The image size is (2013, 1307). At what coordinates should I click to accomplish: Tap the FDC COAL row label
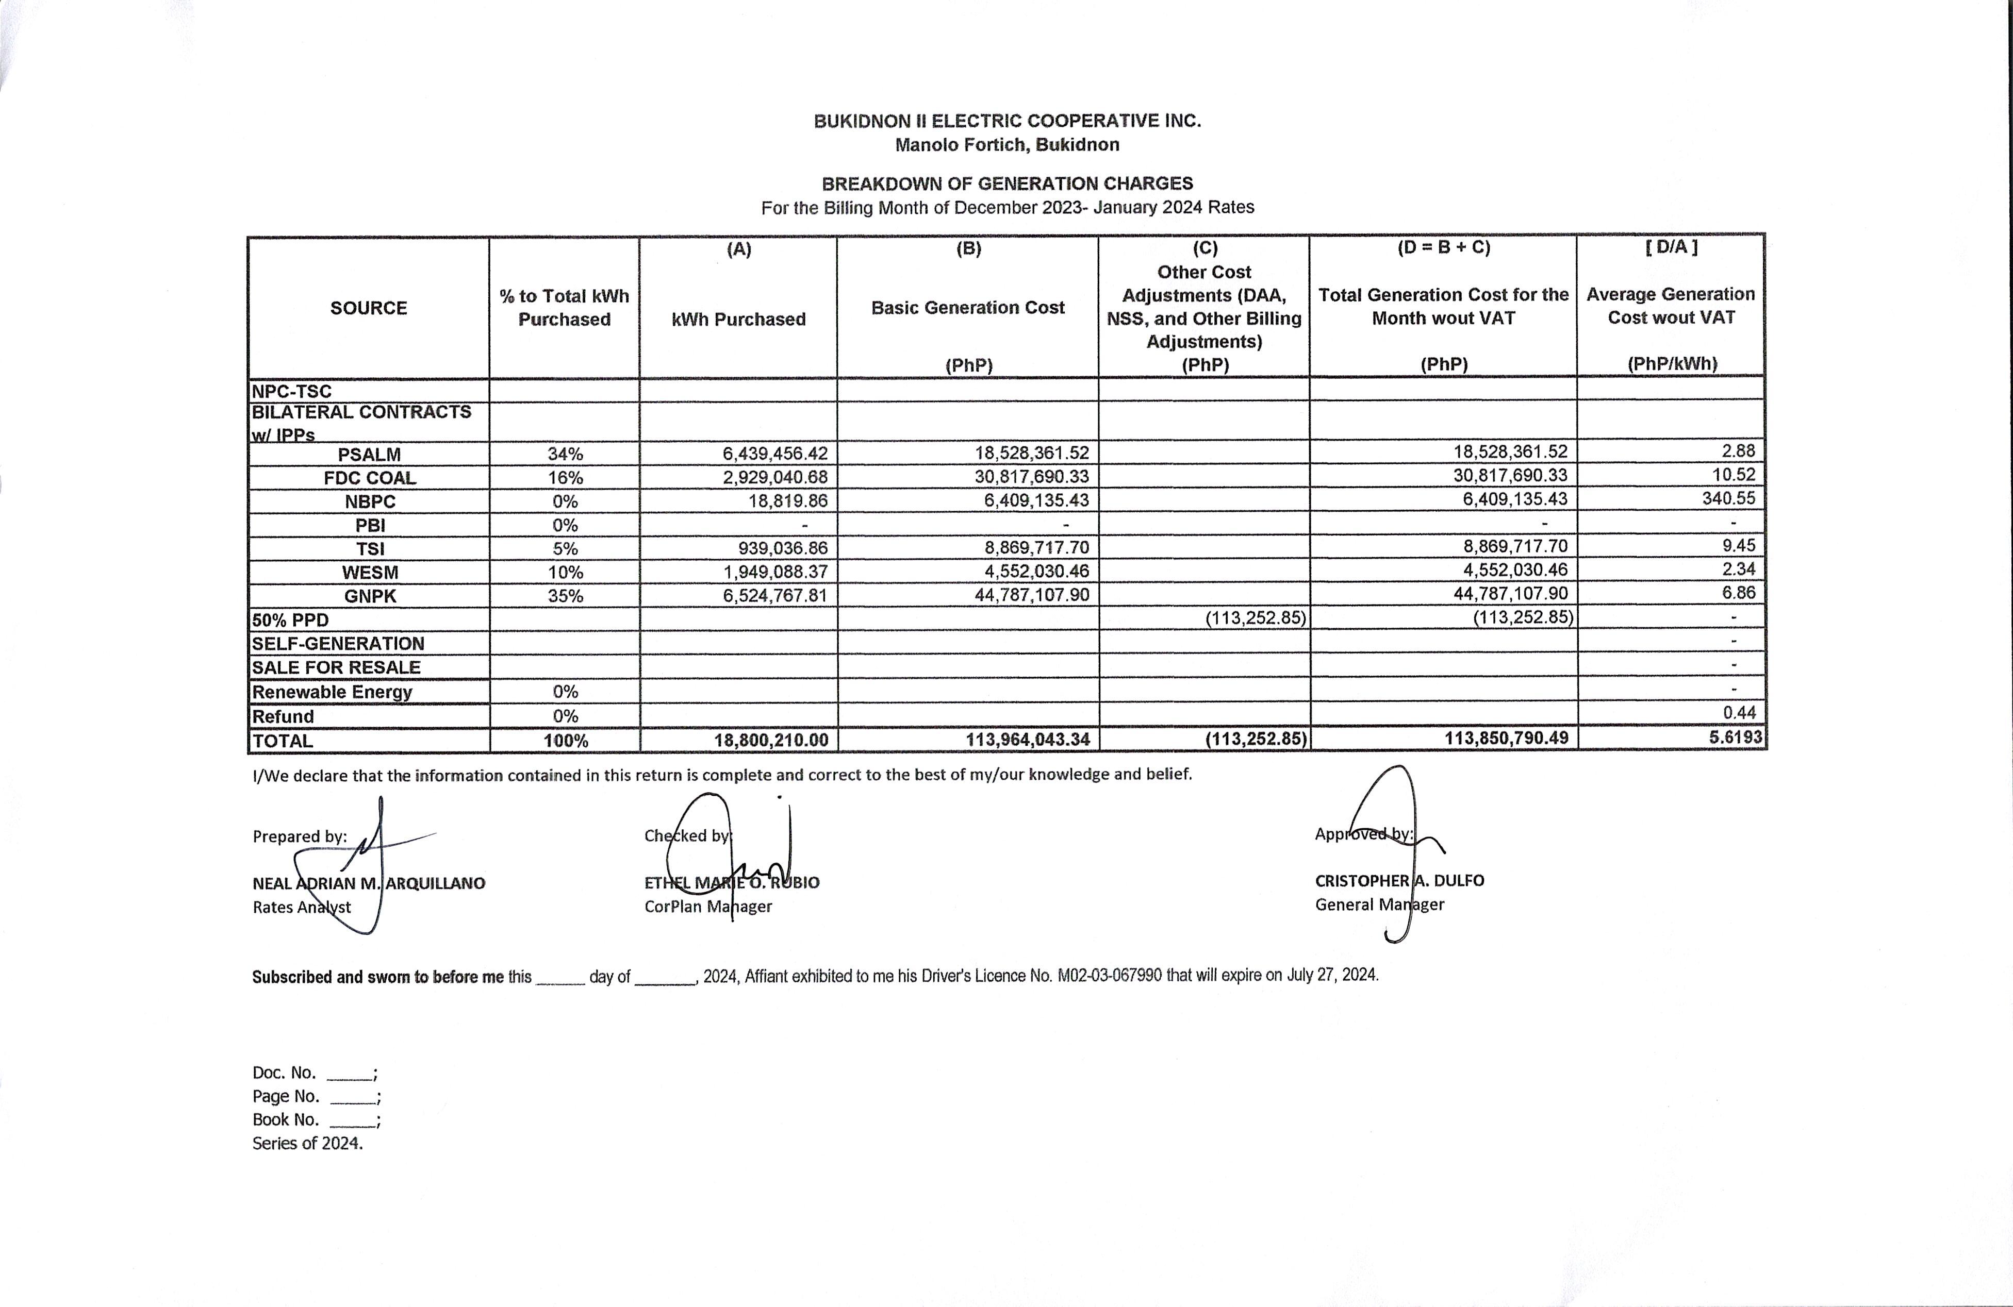pos(370,478)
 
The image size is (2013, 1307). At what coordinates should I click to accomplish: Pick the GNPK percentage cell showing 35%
pos(565,596)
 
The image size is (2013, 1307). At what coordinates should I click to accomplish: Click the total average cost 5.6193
pos(1735,737)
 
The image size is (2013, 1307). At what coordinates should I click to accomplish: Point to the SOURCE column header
pos(369,308)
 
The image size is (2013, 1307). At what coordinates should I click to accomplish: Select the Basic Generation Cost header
pos(968,308)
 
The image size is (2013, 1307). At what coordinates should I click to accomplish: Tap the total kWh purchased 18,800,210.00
pos(770,740)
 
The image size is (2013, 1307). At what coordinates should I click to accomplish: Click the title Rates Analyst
pos(301,907)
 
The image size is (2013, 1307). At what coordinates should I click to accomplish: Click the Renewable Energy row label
pos(332,692)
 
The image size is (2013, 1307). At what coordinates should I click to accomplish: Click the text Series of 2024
pos(307,1143)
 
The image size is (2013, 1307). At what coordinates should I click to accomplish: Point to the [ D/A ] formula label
pos(1671,247)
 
